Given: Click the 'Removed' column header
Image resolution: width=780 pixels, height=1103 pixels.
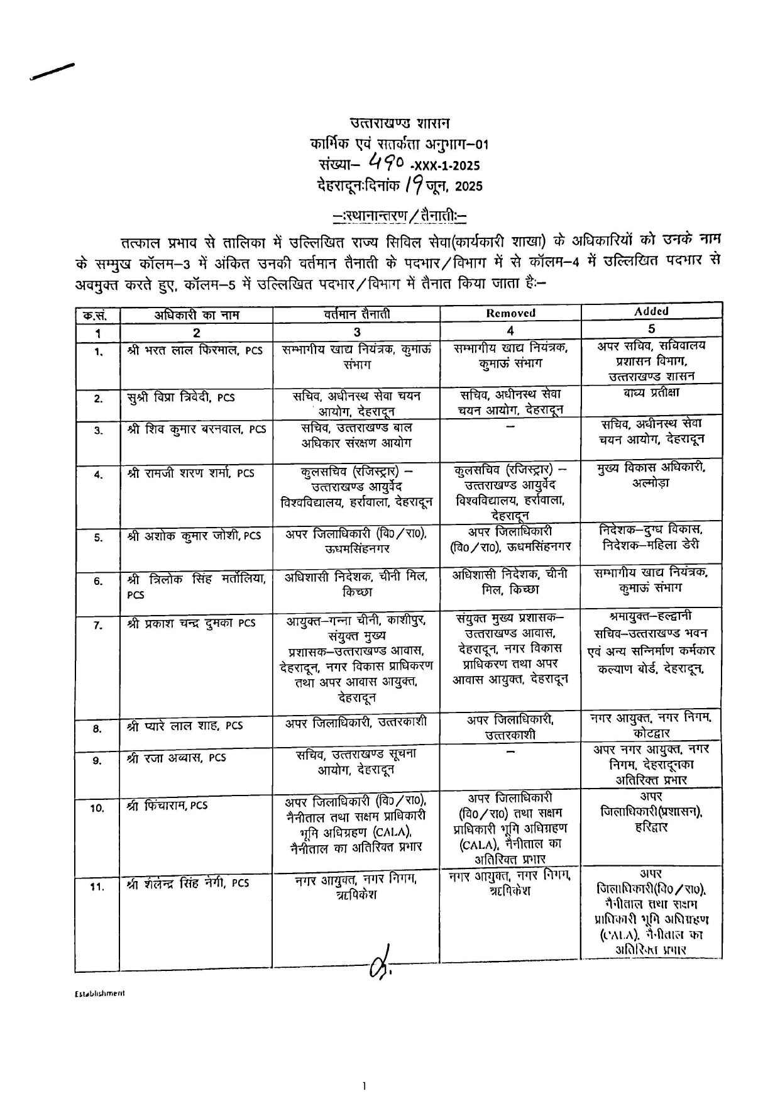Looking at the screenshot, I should (510, 313).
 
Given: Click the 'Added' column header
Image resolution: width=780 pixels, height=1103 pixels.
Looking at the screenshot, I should (651, 311).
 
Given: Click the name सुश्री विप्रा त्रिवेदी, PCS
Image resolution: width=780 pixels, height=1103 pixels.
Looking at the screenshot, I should (180, 397).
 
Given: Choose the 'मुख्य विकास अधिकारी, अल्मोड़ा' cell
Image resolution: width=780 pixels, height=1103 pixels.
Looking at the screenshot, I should (651, 475).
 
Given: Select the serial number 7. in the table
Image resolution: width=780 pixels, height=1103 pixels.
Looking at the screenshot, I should (98, 626).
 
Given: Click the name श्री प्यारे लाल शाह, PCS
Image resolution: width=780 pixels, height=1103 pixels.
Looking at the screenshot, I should (184, 726).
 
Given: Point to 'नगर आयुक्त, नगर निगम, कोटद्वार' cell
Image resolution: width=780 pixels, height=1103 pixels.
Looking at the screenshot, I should (651, 724).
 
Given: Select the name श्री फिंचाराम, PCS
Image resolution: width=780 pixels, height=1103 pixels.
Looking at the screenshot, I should (167, 805).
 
